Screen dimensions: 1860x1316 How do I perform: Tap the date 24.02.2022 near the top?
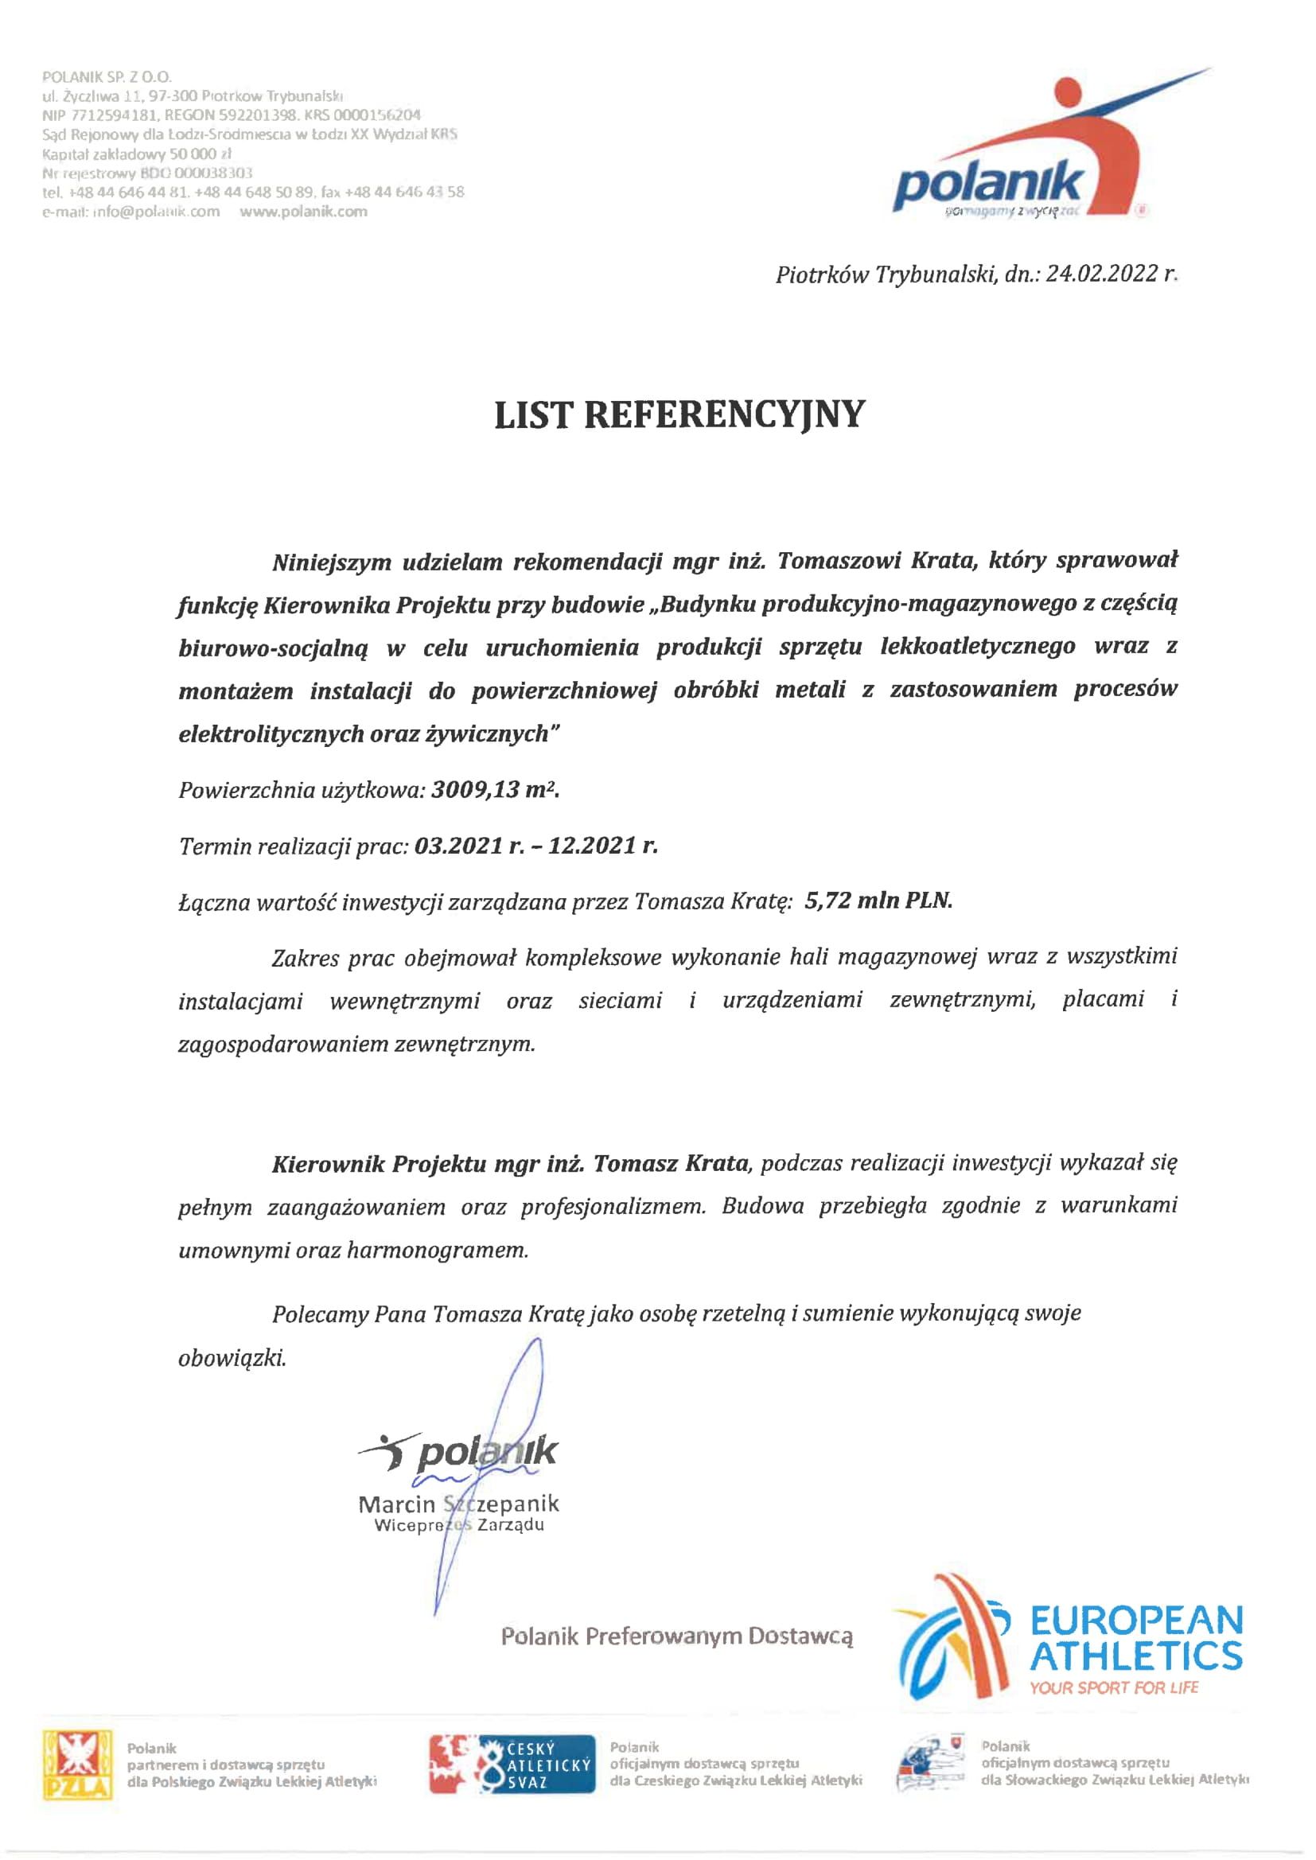(1098, 275)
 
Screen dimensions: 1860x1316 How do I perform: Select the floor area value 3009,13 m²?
(495, 790)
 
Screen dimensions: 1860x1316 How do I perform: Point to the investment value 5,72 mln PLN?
(878, 900)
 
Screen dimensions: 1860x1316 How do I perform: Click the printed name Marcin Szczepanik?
(458, 1504)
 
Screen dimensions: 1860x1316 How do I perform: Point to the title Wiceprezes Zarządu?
(458, 1524)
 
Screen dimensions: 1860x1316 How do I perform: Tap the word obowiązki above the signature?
(232, 1358)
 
